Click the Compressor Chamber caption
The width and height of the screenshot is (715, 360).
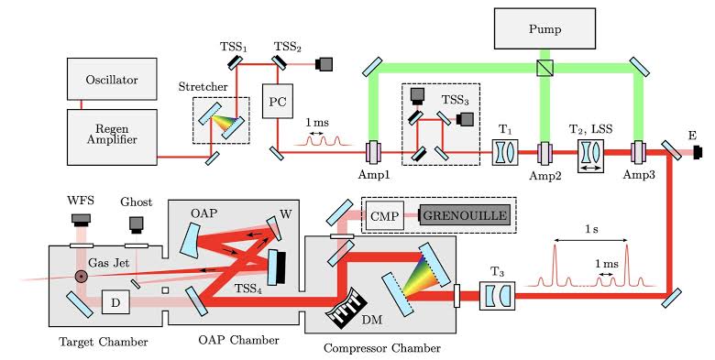coord(381,348)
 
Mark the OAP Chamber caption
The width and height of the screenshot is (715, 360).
coord(235,341)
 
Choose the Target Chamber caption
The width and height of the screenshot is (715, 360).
coord(98,341)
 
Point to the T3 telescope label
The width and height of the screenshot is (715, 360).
coord(497,271)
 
